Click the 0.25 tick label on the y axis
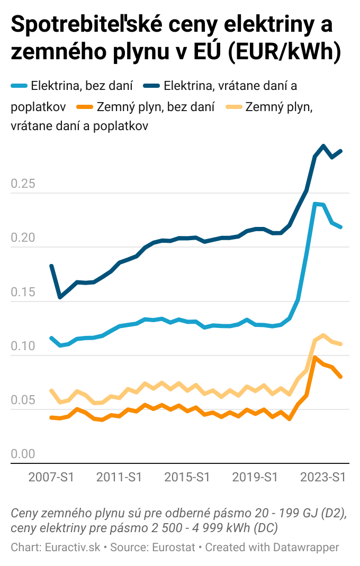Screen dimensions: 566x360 pos(23,184)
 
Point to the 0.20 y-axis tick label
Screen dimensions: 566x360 pos(23,238)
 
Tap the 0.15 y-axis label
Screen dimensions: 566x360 pos(23,292)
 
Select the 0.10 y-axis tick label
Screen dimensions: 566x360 pos(23,346)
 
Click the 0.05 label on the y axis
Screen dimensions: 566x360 pos(23,400)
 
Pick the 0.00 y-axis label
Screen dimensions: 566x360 pos(23,454)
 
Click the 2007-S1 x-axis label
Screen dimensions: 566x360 pos(51,477)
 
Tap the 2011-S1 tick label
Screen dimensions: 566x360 pos(119,477)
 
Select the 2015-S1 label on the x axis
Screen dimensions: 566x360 pos(187,477)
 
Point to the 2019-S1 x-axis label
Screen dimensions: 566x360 pos(255,477)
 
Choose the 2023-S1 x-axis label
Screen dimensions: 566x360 pos(323,477)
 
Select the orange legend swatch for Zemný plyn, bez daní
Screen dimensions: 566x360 pos(85,107)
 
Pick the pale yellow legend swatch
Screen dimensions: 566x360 pos(234,107)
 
